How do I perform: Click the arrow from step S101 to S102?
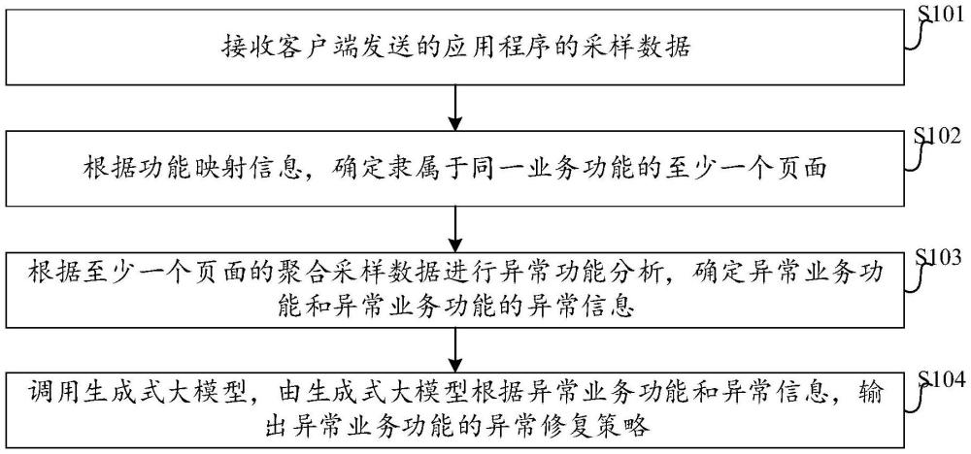(455, 108)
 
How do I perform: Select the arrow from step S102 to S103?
(455, 228)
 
